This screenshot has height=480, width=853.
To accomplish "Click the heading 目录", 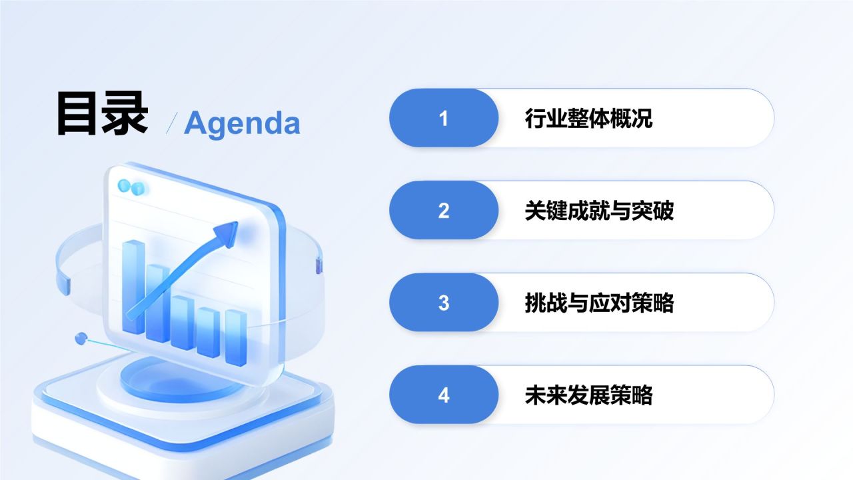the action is point(102,113).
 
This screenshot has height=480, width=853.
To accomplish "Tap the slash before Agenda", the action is point(172,123).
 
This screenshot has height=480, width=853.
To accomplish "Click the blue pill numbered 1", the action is point(444,118).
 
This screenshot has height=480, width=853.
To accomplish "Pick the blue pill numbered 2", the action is point(444,210).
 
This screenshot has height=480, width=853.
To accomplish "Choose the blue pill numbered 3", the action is point(444,303).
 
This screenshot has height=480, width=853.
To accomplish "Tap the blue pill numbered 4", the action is point(444,395).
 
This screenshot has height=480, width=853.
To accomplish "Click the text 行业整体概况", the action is point(588,118).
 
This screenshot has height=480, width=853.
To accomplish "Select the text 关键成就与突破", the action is point(599,210).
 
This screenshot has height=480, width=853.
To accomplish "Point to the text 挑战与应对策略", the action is point(599,303).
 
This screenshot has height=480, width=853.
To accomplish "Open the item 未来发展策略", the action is point(588,395).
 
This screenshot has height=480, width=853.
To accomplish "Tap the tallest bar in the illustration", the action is point(133,287).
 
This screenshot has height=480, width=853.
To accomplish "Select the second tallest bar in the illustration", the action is point(158,303).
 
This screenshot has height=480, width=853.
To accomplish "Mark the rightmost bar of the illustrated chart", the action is point(236,337).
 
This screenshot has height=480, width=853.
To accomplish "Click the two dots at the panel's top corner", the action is point(131,187).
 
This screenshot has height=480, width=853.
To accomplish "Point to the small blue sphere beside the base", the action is point(81,338).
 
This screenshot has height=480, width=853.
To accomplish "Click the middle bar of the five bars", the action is point(182,322).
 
